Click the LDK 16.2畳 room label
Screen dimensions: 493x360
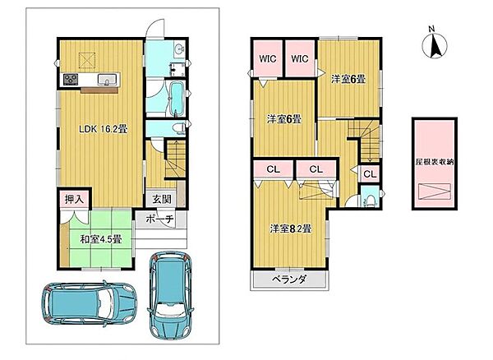103,129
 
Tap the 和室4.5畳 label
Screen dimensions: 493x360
100,239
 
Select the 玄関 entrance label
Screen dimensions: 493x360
162,199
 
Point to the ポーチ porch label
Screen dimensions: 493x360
160,219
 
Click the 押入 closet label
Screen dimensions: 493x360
74,199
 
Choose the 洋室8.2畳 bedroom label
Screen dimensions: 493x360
291,228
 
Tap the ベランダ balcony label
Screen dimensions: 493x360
289,279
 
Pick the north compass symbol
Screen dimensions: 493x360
434,44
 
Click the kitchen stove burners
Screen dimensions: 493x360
71,79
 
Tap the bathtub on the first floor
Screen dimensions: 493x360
176,98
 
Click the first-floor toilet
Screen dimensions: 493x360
178,128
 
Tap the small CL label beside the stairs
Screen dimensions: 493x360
370,174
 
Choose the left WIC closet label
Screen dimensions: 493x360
268,58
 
